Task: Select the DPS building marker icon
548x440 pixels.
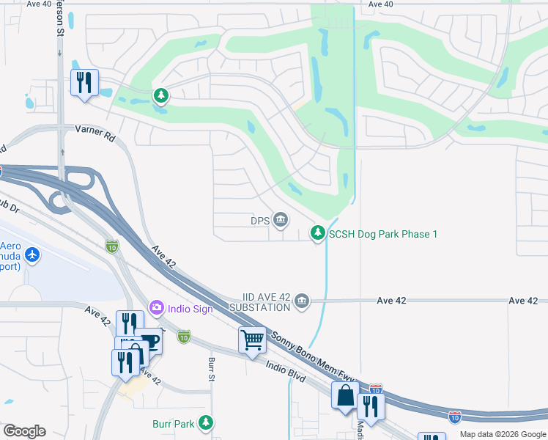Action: tap(280, 219)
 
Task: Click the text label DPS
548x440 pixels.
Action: tap(260, 220)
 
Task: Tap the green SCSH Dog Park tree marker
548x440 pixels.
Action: tap(317, 233)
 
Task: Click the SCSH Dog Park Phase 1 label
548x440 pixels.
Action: tap(382, 234)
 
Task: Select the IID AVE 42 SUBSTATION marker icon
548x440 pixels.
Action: tap(301, 301)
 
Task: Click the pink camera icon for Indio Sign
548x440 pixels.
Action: tap(155, 308)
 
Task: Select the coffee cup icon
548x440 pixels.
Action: tap(149, 342)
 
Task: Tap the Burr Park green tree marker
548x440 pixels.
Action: tap(207, 422)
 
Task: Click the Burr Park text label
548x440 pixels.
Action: tap(174, 423)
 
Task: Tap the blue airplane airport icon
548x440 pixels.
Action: tap(32, 255)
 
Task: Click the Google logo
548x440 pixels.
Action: tap(24, 431)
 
